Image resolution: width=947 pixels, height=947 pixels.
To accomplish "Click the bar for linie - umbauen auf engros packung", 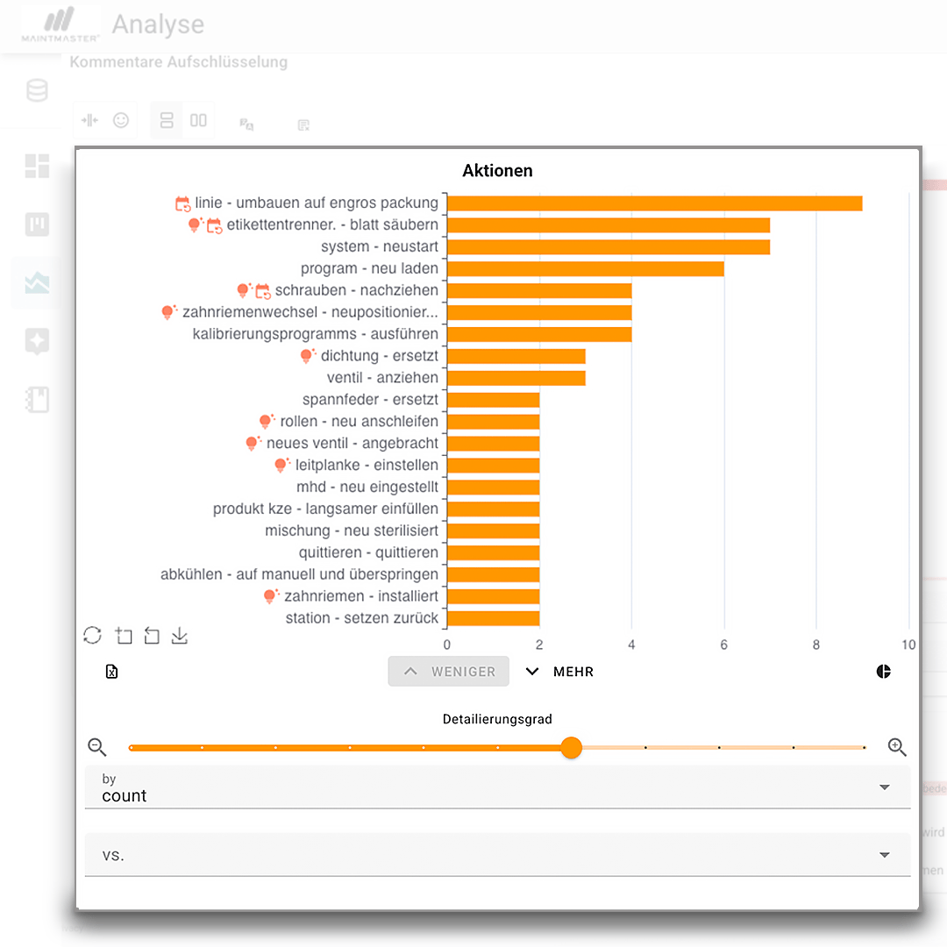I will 654,203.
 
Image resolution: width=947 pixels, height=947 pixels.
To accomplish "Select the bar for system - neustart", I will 609,247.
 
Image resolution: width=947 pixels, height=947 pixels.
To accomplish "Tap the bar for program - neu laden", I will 586,269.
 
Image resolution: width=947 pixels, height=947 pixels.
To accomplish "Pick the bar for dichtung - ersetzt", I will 516,356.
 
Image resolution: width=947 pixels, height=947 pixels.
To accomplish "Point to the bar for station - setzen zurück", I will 493,618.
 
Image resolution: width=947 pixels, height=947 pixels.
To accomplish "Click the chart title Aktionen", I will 497,171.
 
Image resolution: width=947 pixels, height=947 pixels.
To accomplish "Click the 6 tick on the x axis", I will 724,645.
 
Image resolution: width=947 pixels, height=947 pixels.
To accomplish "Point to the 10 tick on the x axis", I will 908,645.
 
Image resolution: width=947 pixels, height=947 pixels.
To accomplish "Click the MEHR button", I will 559,672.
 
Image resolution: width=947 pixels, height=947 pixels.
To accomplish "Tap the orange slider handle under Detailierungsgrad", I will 571,748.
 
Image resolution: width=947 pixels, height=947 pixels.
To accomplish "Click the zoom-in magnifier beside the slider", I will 896,747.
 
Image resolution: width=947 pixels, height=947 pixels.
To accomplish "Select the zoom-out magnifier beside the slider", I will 97,747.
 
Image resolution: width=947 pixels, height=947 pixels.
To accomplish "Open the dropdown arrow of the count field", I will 884,787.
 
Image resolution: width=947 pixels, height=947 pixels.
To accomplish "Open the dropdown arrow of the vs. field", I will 884,855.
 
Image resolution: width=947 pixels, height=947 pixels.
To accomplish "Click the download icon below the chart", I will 180,636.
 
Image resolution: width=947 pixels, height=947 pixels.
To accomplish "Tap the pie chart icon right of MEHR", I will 883,672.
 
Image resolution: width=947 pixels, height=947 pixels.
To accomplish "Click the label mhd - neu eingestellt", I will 367,487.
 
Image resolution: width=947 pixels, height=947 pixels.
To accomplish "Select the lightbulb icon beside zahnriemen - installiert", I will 271,596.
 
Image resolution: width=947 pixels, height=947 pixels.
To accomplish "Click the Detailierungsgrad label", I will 497,719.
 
